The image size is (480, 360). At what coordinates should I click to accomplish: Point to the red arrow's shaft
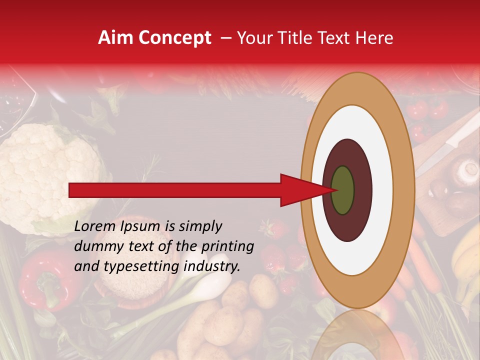(175, 190)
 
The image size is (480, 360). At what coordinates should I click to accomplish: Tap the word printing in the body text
(229, 246)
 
